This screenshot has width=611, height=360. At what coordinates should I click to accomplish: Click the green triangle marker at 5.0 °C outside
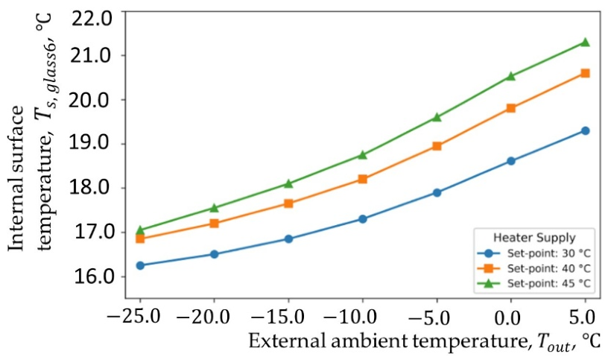click(x=585, y=42)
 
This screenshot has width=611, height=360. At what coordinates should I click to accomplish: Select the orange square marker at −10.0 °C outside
click(x=362, y=179)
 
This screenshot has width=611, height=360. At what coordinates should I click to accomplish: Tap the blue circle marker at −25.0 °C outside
click(x=140, y=265)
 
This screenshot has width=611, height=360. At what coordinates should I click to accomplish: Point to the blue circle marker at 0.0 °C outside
click(x=511, y=161)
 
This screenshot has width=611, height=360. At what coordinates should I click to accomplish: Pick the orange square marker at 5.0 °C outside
click(x=585, y=73)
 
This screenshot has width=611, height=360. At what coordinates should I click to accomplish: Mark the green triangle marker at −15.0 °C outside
click(x=288, y=183)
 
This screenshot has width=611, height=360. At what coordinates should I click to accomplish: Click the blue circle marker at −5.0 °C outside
click(x=437, y=192)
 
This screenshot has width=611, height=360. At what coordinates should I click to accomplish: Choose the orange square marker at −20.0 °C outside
click(x=215, y=224)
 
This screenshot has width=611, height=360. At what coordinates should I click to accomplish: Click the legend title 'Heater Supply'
click(x=535, y=238)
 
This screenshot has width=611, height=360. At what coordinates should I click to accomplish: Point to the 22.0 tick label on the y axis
click(x=91, y=19)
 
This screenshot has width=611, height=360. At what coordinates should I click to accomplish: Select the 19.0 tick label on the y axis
click(x=91, y=144)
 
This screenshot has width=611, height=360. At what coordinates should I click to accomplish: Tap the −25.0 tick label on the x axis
click(x=133, y=318)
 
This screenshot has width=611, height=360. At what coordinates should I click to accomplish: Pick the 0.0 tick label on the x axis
click(x=507, y=318)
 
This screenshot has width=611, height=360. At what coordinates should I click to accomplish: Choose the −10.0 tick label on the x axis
click(x=350, y=318)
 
